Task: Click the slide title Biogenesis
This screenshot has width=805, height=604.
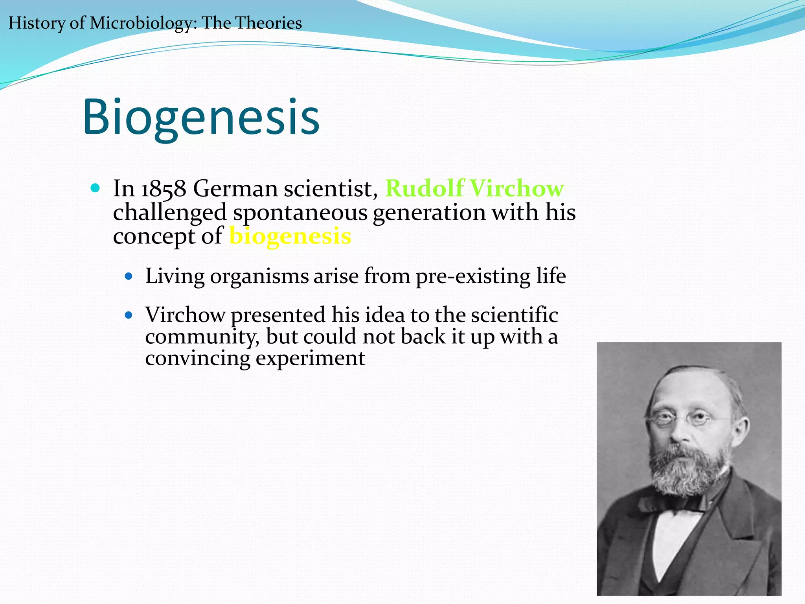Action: click(x=201, y=117)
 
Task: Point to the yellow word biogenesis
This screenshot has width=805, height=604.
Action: click(x=290, y=236)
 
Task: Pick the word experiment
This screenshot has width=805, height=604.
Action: click(x=310, y=358)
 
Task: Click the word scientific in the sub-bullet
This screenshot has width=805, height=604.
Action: click(x=515, y=315)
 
